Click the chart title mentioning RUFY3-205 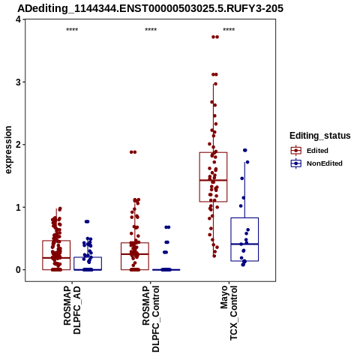[151, 8]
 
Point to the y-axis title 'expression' [8, 150]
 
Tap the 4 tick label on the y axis [19, 19]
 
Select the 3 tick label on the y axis [19, 82]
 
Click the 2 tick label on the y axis [19, 145]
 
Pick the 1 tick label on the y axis [19, 207]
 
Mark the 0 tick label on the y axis [19, 270]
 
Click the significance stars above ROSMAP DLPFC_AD [72, 30]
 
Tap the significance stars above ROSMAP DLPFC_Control [151, 30]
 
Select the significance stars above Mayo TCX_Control [229, 30]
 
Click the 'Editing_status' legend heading [320, 136]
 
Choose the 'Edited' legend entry [317, 151]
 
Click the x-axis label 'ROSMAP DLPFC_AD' [72, 310]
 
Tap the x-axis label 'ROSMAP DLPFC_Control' [151, 319]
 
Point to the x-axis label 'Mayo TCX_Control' [229, 313]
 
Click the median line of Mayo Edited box [213, 180]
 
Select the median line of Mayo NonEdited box [244, 244]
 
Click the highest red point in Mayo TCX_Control [215, 37]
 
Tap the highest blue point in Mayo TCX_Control [245, 150]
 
